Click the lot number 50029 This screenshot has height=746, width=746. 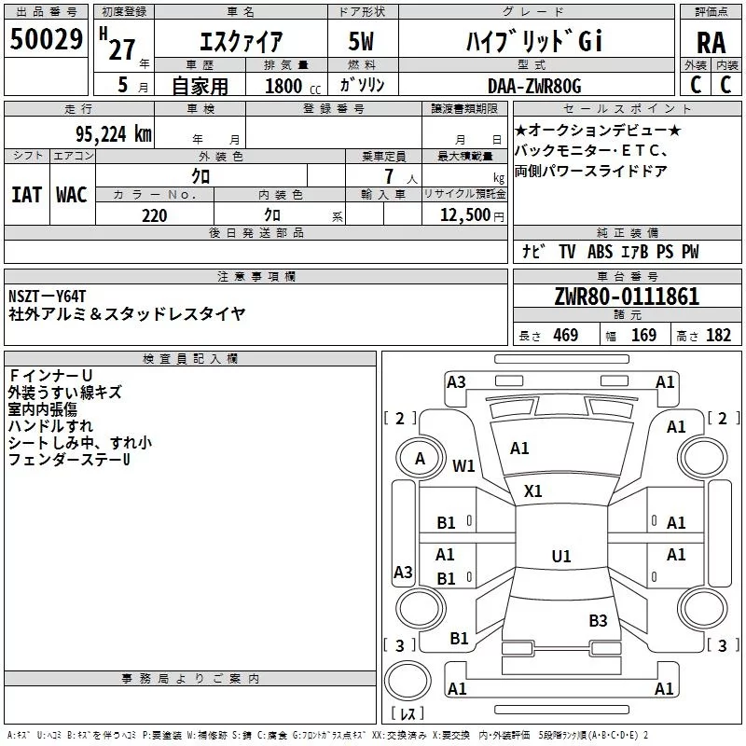46,40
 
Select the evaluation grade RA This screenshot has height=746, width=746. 711,42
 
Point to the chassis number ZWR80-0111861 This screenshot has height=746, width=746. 626,297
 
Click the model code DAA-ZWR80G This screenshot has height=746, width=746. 534,86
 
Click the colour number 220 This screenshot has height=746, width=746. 154,215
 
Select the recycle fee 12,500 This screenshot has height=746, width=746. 463,215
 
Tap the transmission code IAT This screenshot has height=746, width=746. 26,194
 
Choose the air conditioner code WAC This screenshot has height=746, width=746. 71,194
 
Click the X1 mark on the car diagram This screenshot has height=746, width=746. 533,490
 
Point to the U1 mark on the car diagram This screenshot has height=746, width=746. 560,557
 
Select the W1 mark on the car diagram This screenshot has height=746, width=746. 463,465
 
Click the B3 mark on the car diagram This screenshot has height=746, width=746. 598,620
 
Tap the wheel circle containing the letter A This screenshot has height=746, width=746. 420,458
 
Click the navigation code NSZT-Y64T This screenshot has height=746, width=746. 48,297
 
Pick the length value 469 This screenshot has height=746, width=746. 565,336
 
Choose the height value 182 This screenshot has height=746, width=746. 718,336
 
